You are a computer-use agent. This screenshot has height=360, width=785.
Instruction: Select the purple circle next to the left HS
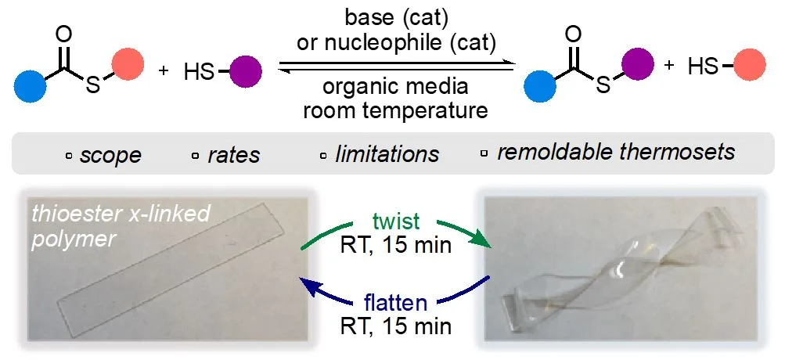[246, 72]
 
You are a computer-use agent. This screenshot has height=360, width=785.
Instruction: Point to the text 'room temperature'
[394, 110]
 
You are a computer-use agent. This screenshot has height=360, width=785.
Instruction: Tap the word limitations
[387, 154]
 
